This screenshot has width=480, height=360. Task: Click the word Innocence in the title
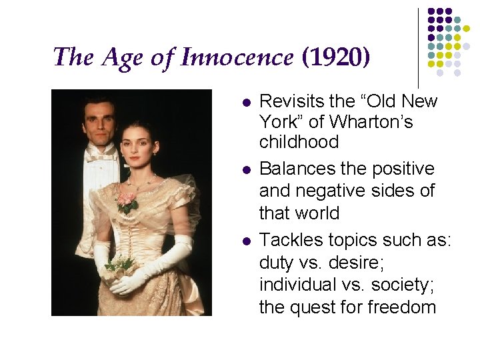tap(238, 57)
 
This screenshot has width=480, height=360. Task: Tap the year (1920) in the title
tap(335, 57)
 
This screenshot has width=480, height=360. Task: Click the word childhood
tap(299, 142)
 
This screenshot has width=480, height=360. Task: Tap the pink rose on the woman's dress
tap(127, 200)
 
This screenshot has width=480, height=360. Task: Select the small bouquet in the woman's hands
tap(118, 267)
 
